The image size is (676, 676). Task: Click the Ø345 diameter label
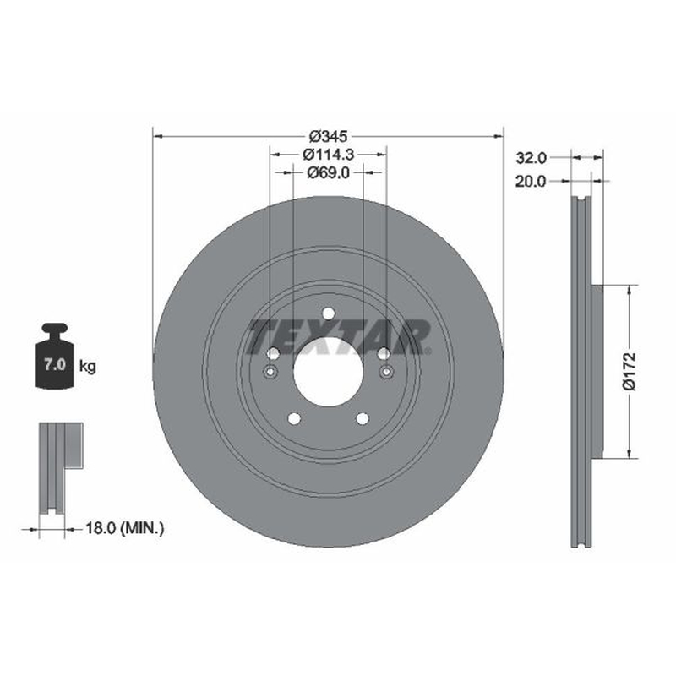(x=328, y=137)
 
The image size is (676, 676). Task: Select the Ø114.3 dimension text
(x=328, y=154)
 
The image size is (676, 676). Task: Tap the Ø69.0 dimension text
(x=328, y=173)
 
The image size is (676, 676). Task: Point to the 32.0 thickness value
(x=532, y=158)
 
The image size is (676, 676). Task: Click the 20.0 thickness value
(x=531, y=182)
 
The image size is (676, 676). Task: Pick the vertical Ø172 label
(x=630, y=371)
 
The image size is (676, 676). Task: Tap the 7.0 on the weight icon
(x=55, y=365)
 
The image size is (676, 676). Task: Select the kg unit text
(x=88, y=367)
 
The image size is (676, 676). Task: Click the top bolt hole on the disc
(x=328, y=313)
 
